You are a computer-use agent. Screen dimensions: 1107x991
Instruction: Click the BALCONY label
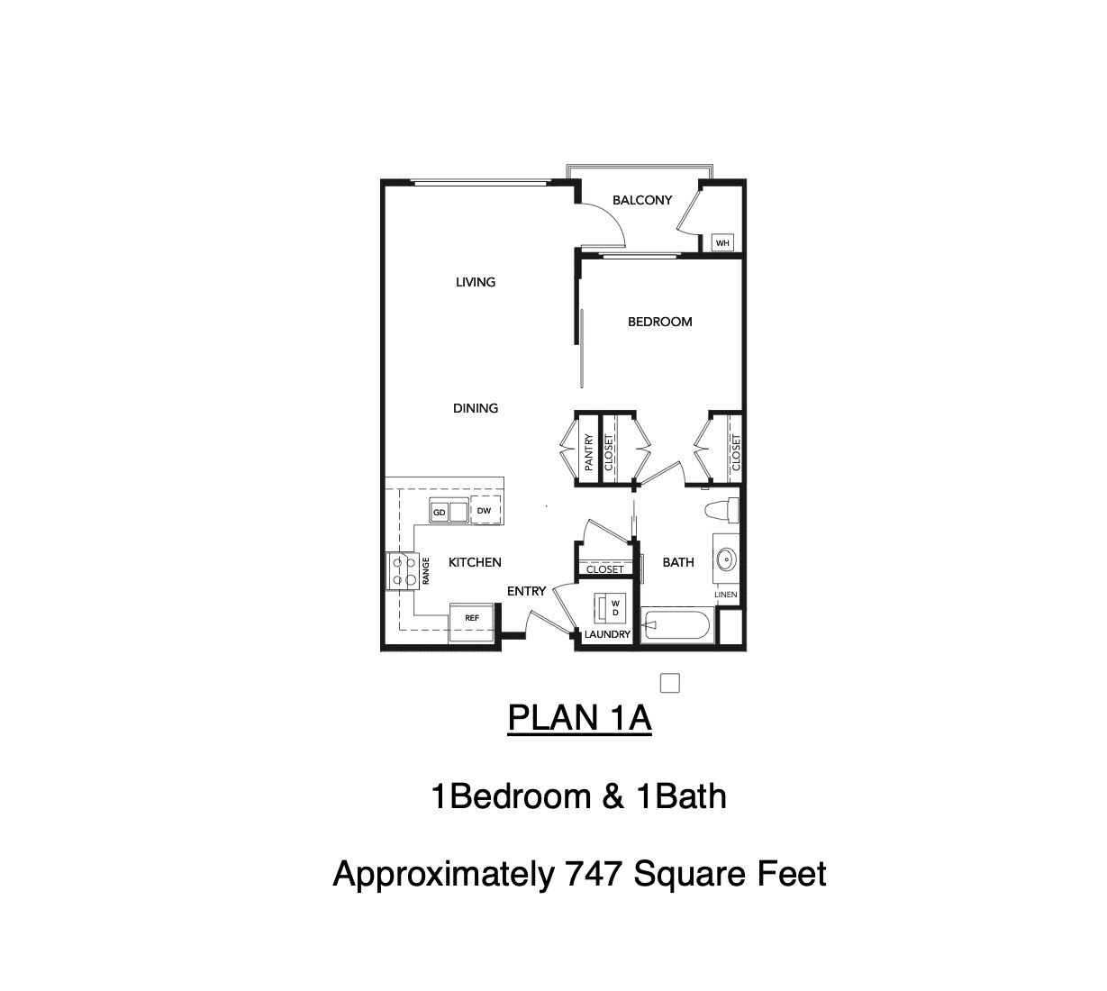[x=642, y=200]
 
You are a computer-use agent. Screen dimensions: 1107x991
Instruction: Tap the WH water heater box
[x=722, y=242]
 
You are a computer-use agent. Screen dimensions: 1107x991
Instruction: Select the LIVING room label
[x=476, y=282]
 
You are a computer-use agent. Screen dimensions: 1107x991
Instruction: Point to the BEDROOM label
[x=659, y=322]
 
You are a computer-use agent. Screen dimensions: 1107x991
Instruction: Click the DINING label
[x=476, y=408]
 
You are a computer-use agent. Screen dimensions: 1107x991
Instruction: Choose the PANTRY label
[x=588, y=452]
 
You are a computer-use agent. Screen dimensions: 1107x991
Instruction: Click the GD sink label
[x=440, y=513]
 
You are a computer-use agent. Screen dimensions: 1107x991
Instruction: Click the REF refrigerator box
[x=472, y=623]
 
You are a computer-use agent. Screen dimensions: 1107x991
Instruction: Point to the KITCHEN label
[x=475, y=562]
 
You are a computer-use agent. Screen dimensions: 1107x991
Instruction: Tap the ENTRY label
[x=526, y=591]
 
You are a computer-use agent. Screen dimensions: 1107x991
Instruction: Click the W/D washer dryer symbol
[x=609, y=607]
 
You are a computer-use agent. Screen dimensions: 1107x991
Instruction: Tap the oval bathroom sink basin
[x=726, y=560]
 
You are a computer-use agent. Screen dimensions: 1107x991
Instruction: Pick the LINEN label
[x=726, y=595]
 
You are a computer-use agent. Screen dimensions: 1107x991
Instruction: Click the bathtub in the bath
[x=677, y=624]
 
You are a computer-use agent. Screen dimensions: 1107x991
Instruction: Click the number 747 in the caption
[x=593, y=874]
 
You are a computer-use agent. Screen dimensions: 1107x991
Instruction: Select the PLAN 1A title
[x=579, y=718]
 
